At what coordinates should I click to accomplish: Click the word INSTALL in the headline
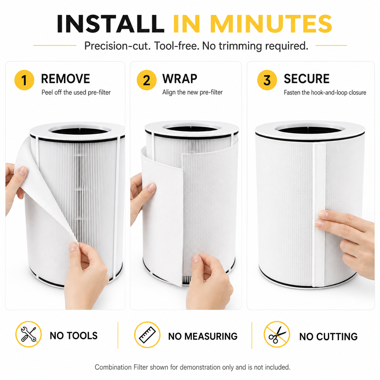[x=110, y=24]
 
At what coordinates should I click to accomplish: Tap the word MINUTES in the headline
[x=271, y=24]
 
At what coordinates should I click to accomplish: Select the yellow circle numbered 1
[x=24, y=80]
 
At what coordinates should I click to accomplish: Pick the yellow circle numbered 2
[x=147, y=80]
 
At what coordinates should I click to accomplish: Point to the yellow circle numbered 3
[x=267, y=80]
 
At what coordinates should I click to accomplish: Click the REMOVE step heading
[x=65, y=79]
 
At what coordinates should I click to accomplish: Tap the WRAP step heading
[x=180, y=79]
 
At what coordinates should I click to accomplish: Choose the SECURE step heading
[x=307, y=79]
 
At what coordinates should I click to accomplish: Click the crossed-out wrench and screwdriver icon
[x=28, y=334]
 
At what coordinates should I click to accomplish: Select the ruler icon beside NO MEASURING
[x=147, y=335]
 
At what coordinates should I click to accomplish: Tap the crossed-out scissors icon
[x=277, y=334]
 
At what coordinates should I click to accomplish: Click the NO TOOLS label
[x=74, y=336]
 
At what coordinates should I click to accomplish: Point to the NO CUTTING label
[x=328, y=337]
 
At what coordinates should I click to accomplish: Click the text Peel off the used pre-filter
[x=76, y=92]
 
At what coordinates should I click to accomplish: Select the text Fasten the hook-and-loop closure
[x=325, y=92]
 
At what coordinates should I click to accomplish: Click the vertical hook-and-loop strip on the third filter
[x=318, y=215]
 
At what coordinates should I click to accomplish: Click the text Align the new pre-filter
[x=192, y=92]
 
